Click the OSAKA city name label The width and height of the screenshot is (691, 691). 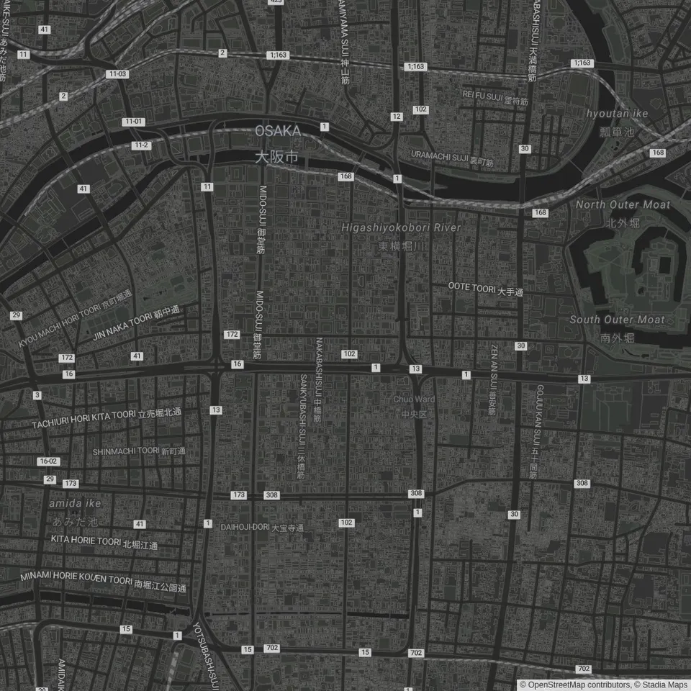(278, 132)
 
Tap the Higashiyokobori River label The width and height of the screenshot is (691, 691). (401, 228)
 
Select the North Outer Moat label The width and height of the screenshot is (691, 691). (623, 205)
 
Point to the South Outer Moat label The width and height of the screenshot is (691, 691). (617, 320)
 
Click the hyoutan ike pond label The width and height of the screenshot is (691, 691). (617, 114)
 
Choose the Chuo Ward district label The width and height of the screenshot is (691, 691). (414, 399)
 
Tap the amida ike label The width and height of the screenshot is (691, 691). (75, 504)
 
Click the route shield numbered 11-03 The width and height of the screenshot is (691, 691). (117, 74)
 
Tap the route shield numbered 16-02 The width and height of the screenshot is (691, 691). (49, 461)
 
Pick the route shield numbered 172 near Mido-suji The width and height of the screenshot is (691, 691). (231, 335)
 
